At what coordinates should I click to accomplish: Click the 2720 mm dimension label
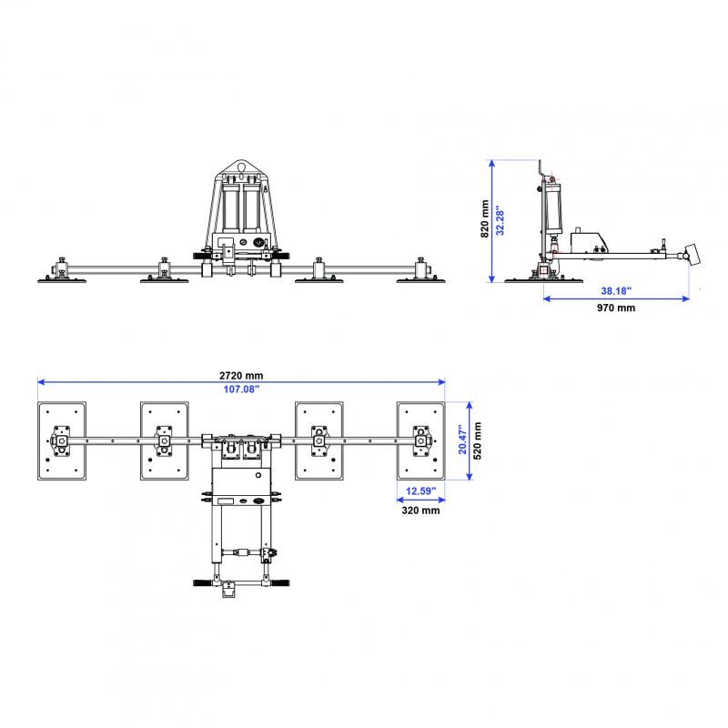(241, 375)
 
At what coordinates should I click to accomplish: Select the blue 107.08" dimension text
(241, 389)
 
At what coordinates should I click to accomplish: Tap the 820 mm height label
(485, 218)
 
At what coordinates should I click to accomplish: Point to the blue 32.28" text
(500, 220)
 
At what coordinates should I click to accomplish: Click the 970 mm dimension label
(616, 308)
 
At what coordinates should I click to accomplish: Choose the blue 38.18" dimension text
(616, 291)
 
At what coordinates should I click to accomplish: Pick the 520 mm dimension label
(477, 440)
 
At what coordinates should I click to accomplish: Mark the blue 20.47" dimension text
(462, 440)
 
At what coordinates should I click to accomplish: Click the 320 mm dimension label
(420, 511)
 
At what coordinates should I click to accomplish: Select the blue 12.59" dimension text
(420, 490)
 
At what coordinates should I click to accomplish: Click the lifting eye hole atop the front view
(240, 167)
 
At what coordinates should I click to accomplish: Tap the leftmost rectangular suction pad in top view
(62, 441)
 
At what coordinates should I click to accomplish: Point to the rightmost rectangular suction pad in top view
(420, 441)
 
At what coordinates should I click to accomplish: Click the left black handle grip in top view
(203, 582)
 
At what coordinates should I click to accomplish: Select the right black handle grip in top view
(280, 582)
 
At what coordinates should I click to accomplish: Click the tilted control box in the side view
(693, 255)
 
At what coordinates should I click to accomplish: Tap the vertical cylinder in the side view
(553, 208)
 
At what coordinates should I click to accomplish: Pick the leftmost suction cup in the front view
(62, 280)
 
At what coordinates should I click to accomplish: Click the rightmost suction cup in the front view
(420, 280)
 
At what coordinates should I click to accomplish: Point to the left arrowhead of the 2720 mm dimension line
(40, 382)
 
